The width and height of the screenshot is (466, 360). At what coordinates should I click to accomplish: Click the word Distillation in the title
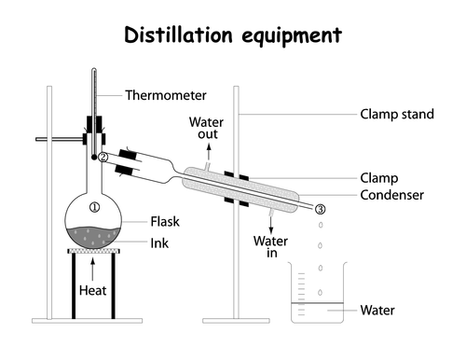[178, 35]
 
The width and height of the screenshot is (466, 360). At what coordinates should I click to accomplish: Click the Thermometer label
[166, 95]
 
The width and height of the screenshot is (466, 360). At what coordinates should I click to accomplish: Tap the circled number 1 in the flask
[94, 207]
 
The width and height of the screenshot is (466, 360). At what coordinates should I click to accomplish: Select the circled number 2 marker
[103, 158]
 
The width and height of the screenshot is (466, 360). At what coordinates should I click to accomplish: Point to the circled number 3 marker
[321, 209]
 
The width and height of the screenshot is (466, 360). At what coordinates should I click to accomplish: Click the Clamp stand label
[397, 114]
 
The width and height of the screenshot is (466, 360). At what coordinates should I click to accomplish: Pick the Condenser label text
[391, 195]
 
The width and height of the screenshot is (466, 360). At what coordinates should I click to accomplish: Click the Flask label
[165, 222]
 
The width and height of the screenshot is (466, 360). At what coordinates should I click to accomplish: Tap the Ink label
[159, 243]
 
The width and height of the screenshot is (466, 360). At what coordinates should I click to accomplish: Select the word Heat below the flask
[92, 290]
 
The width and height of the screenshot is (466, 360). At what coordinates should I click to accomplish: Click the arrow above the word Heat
[92, 270]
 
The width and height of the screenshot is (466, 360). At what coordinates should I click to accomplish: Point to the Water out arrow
[209, 152]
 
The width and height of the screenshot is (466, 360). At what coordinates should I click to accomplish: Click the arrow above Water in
[271, 225]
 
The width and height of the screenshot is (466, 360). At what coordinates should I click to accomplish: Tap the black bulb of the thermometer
[94, 158]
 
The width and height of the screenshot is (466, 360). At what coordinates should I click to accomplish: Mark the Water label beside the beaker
[377, 311]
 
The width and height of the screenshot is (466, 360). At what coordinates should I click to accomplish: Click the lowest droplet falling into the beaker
[320, 292]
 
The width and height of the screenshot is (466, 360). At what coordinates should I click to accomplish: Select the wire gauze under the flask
[93, 251]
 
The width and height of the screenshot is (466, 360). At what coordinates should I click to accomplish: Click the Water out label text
[206, 128]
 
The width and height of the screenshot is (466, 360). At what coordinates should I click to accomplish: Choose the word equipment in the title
[292, 36]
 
